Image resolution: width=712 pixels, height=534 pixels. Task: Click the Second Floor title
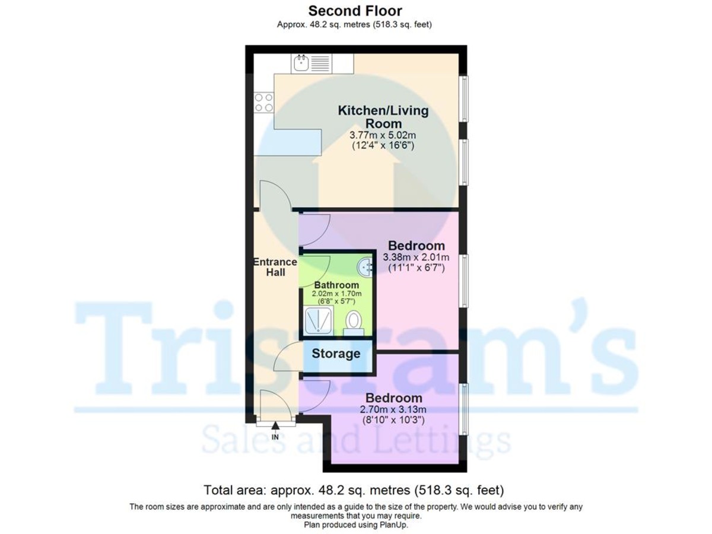point(355,11)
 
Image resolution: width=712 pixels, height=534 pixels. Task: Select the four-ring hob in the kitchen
point(264,103)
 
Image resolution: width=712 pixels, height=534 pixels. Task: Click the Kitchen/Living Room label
point(383,116)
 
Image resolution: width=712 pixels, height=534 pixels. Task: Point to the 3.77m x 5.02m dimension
point(383,135)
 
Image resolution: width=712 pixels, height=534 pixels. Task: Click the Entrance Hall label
point(275,267)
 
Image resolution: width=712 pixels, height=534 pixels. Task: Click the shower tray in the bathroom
point(319,321)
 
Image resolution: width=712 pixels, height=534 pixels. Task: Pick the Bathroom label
point(336,285)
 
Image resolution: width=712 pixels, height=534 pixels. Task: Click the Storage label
point(336,354)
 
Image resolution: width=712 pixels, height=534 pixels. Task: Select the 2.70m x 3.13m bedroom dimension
point(393,409)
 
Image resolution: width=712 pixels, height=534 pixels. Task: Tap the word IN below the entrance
point(275,437)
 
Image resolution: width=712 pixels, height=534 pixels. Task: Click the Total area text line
point(354,491)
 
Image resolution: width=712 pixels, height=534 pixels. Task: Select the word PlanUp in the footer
point(393,525)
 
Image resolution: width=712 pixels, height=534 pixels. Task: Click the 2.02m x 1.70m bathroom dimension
point(336,294)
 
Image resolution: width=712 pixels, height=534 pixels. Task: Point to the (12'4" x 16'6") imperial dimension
point(383,145)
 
